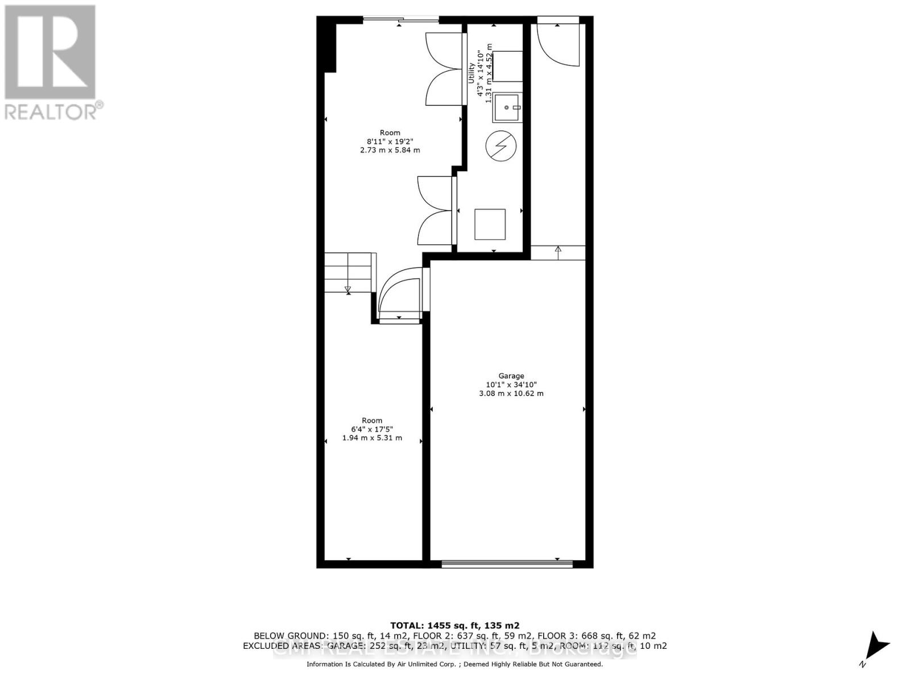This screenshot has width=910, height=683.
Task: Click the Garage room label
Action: tap(511, 376)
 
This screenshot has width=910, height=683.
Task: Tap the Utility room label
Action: tap(471, 73)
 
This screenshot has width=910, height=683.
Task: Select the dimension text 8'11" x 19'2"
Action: tap(390, 141)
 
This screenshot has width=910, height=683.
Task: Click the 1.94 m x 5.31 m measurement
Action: tap(371, 438)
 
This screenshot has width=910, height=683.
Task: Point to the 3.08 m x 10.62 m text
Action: tap(511, 393)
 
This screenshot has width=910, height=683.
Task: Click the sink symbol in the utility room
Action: tap(507, 108)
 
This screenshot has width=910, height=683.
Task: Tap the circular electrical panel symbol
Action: tap(501, 146)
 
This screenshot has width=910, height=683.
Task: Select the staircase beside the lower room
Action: tap(348, 273)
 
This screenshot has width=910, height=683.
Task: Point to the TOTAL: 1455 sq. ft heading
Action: tap(454, 625)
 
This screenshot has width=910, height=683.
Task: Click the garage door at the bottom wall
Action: tap(507, 563)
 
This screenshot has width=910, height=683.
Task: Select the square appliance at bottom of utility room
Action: tap(490, 224)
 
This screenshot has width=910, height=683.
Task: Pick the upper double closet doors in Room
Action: tap(444, 68)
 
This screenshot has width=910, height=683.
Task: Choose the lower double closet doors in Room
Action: tap(436, 211)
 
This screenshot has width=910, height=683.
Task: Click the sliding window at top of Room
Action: tap(401, 20)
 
